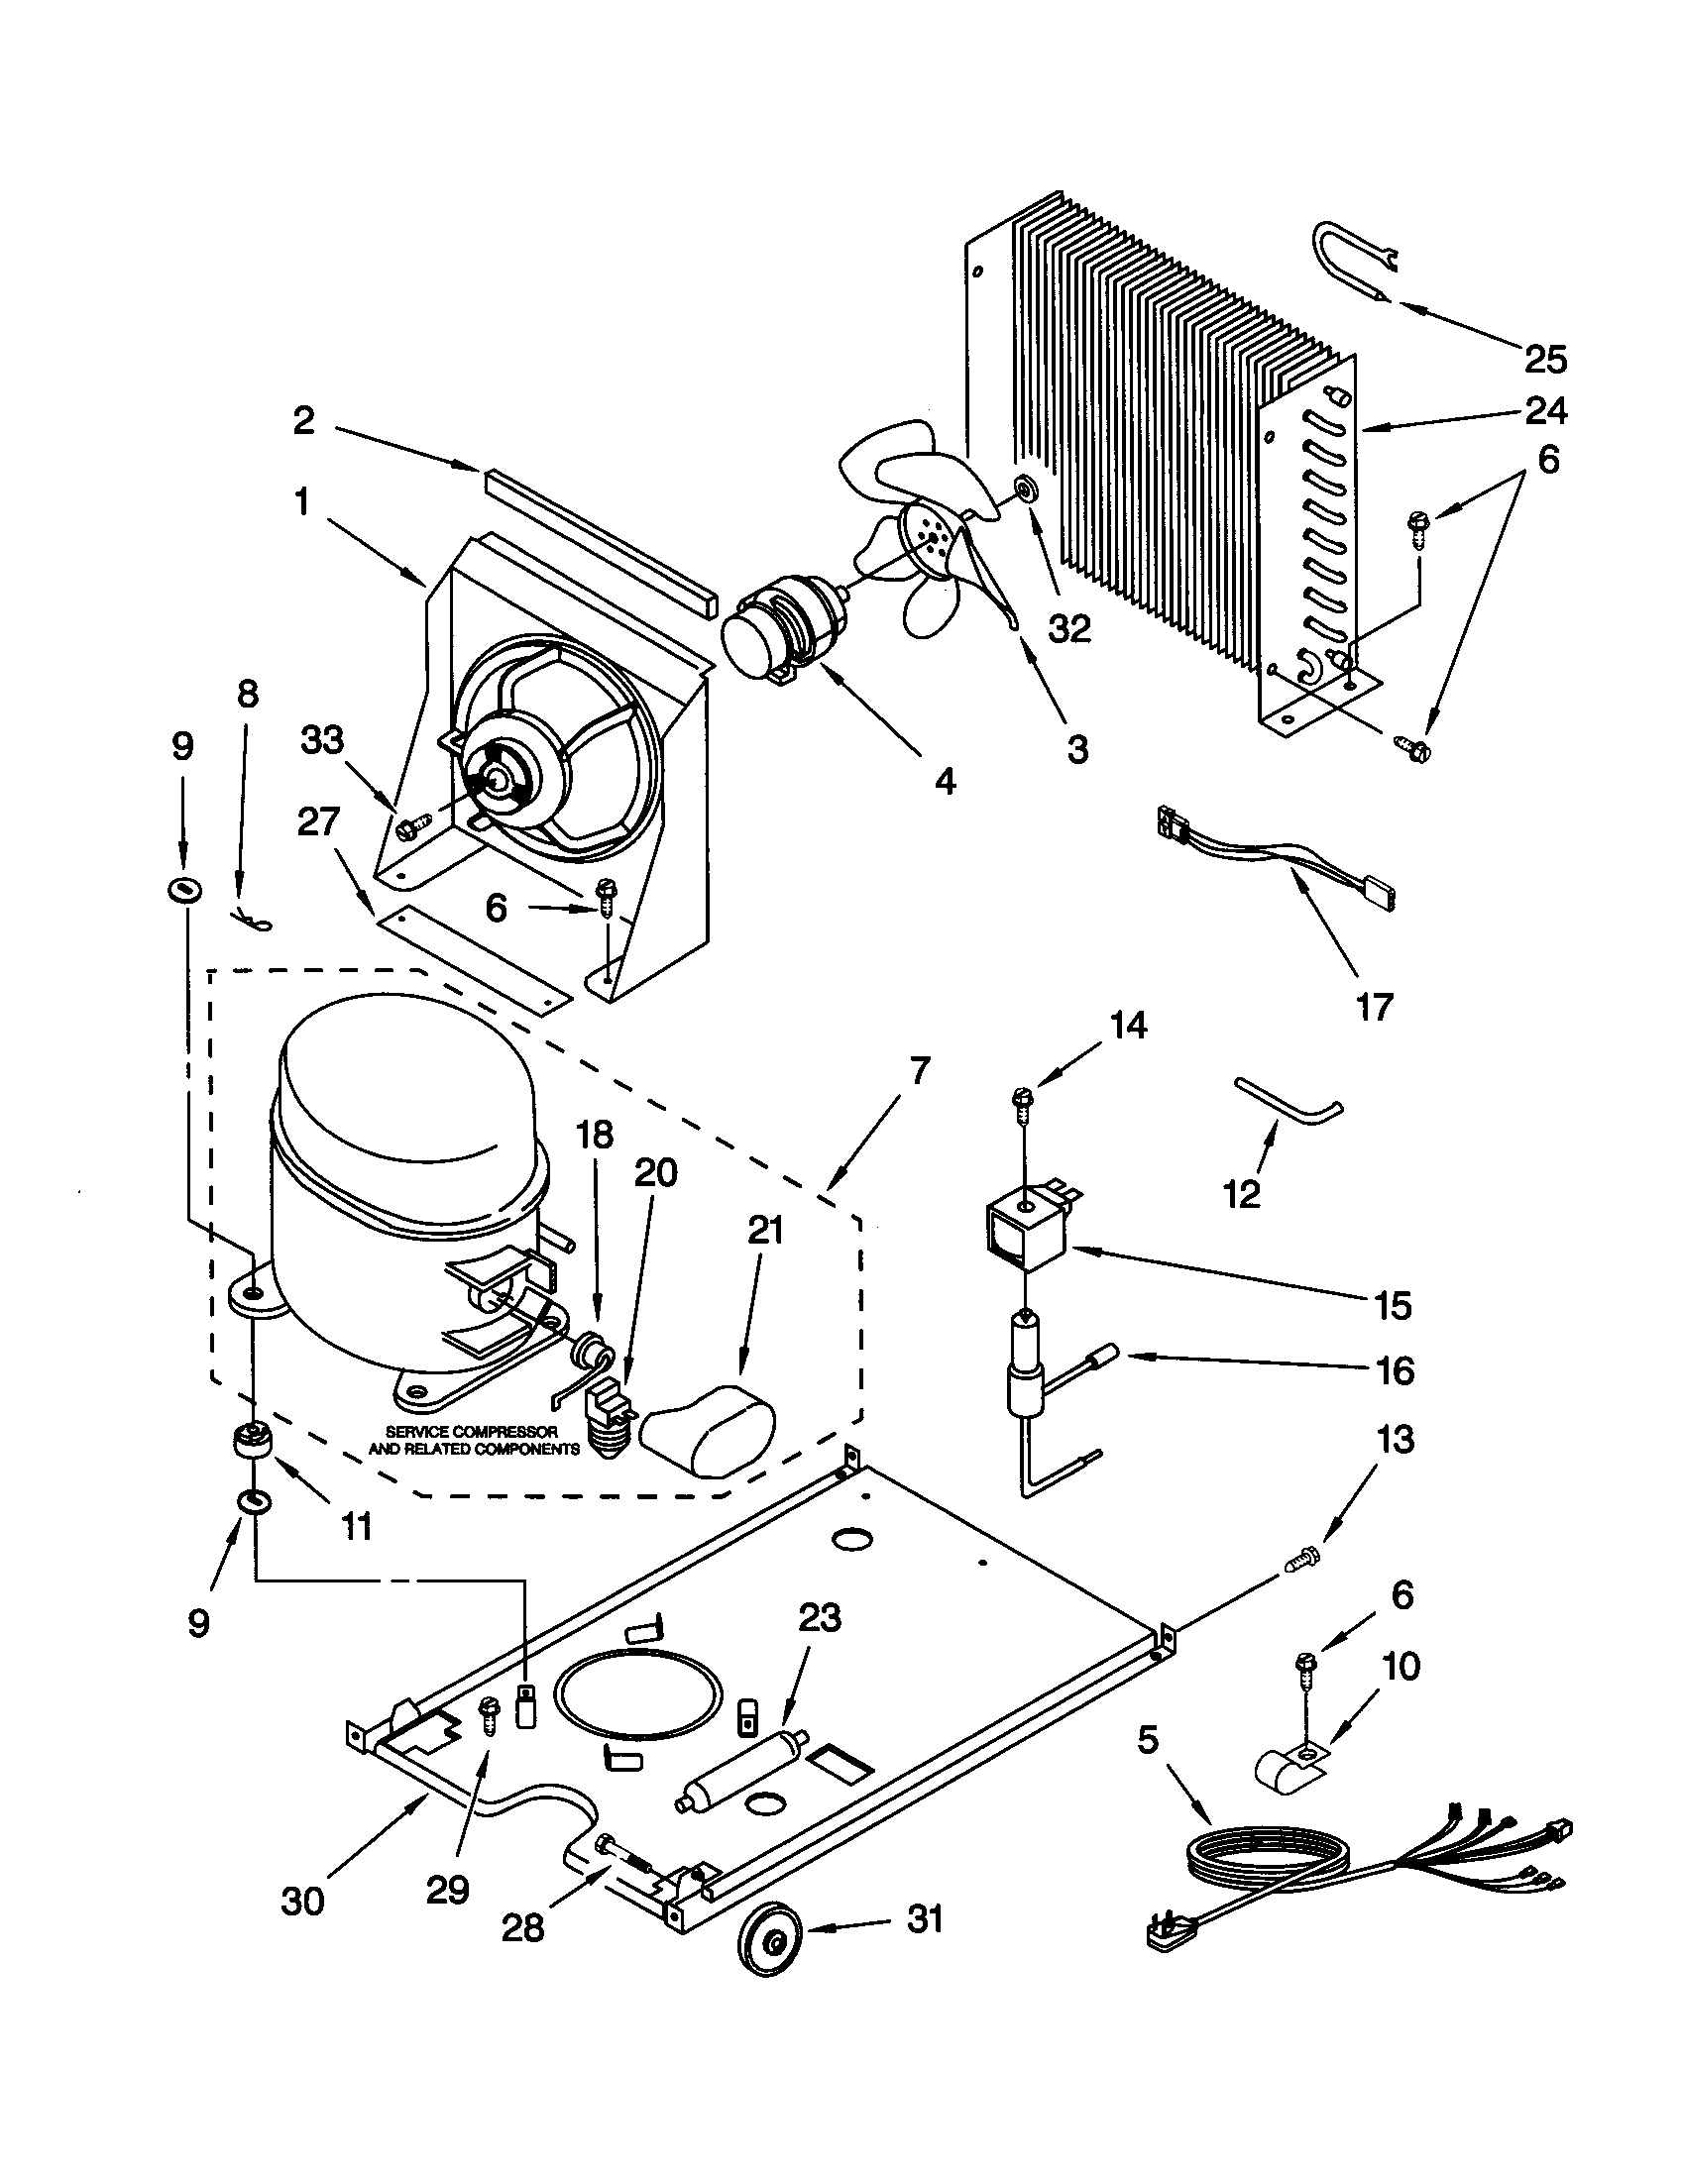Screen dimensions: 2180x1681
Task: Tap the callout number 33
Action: [322, 739]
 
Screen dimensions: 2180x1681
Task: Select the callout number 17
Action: [1373, 1007]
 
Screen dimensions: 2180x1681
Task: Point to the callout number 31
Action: [925, 1918]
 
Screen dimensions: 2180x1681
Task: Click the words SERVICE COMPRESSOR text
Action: [471, 1432]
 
